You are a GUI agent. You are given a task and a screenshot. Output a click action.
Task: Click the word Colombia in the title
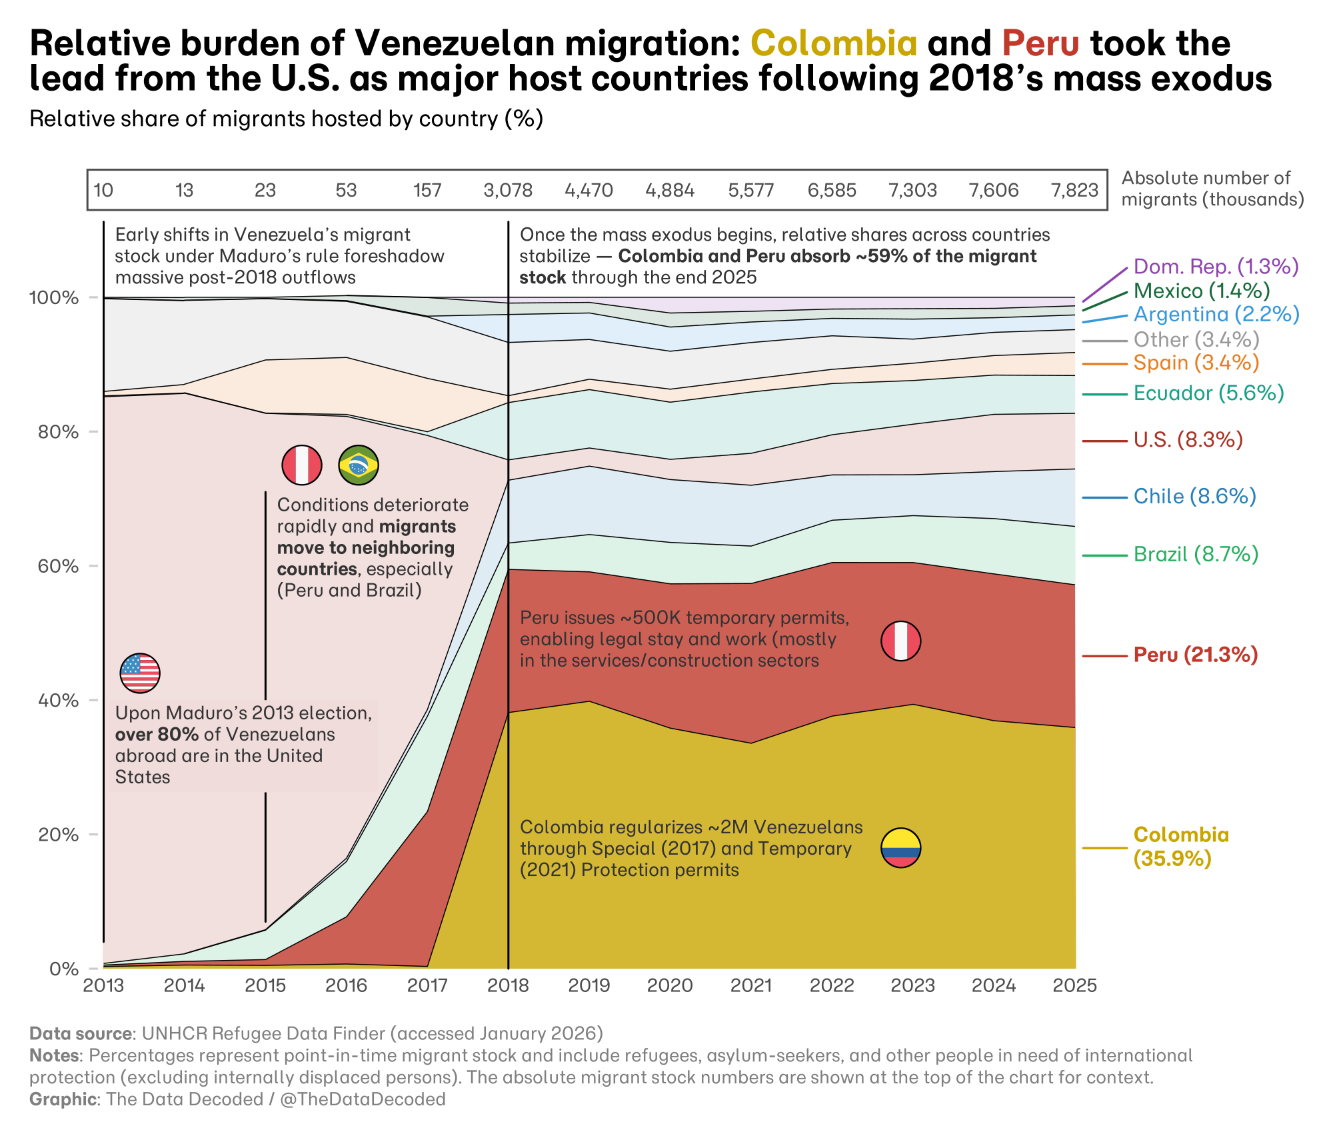(834, 43)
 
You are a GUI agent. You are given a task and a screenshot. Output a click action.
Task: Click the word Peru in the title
(1040, 43)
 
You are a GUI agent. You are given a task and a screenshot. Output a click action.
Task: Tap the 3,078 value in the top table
(508, 191)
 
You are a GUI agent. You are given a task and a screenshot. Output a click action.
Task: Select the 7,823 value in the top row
(1074, 191)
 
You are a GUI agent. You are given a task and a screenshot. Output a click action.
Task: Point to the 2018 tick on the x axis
(508, 985)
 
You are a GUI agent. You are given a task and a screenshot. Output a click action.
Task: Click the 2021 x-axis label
(751, 985)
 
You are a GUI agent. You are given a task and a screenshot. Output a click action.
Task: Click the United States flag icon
(140, 673)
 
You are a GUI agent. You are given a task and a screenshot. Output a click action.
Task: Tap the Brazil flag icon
(359, 465)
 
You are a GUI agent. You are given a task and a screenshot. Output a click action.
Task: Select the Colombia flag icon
(900, 848)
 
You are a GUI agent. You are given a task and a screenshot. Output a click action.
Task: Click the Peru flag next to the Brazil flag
(302, 465)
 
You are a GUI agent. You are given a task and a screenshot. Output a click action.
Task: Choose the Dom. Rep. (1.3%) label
(1216, 267)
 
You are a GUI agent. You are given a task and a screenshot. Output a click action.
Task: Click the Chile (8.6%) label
(1194, 497)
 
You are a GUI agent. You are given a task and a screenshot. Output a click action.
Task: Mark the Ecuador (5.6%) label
(1208, 393)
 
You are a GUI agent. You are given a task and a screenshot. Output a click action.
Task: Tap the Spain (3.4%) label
(1196, 363)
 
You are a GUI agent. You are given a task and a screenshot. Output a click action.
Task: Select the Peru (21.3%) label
(1195, 655)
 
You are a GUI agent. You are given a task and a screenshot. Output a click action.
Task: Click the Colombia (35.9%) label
(1180, 847)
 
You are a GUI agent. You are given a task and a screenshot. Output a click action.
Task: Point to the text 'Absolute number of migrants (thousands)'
(1212, 189)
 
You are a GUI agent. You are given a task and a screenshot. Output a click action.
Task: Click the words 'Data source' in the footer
(81, 1034)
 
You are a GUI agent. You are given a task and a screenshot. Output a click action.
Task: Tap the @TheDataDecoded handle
(363, 1099)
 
